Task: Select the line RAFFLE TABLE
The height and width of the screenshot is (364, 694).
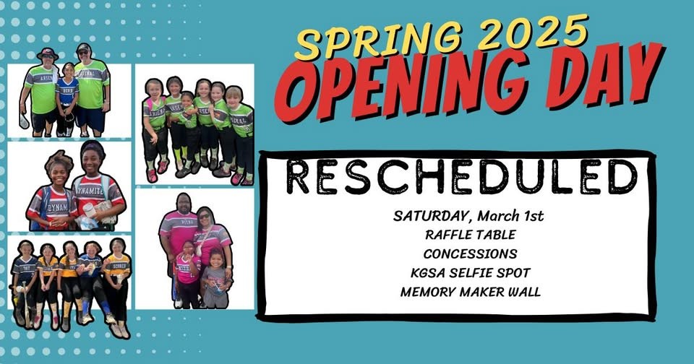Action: [x=471, y=235]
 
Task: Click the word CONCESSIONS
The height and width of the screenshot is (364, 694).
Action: [x=470, y=254]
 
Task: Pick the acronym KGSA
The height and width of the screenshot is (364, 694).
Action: [x=428, y=273]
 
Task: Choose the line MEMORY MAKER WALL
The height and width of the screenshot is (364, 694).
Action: [x=471, y=292]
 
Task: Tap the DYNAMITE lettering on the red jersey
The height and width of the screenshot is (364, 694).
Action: [x=90, y=192]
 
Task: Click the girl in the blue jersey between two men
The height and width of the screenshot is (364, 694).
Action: [x=67, y=99]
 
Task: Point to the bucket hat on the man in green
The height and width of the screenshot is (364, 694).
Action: [x=48, y=53]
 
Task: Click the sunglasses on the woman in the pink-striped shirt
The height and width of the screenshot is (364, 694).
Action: [x=205, y=217]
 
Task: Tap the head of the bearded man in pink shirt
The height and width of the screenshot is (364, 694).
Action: [x=184, y=203]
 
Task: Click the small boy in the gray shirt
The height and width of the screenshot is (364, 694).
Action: [x=215, y=278]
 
